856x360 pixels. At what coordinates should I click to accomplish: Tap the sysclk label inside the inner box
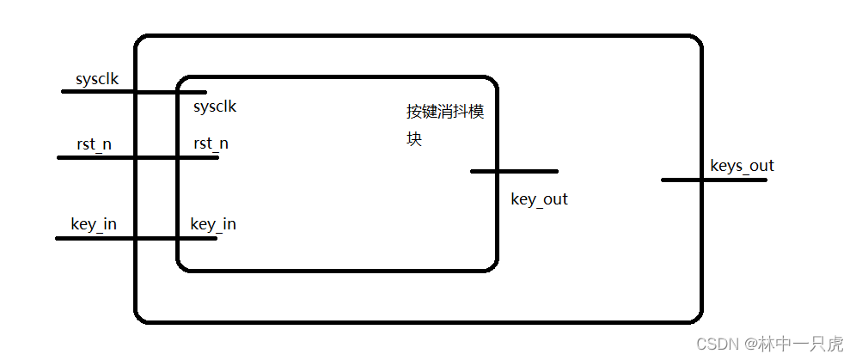point(215,107)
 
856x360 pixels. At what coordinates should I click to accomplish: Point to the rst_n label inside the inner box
point(211,143)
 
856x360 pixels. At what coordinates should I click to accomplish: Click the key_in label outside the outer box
point(94,224)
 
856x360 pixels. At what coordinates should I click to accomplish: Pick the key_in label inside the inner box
point(213,224)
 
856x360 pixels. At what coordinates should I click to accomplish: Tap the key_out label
point(539,199)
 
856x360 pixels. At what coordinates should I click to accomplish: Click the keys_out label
point(742,166)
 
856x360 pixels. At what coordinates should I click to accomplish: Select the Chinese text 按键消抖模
point(445,112)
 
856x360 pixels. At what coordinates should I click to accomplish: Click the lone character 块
point(414,138)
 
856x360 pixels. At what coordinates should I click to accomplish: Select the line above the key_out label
point(514,171)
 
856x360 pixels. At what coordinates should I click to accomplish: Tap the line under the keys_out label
point(713,180)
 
